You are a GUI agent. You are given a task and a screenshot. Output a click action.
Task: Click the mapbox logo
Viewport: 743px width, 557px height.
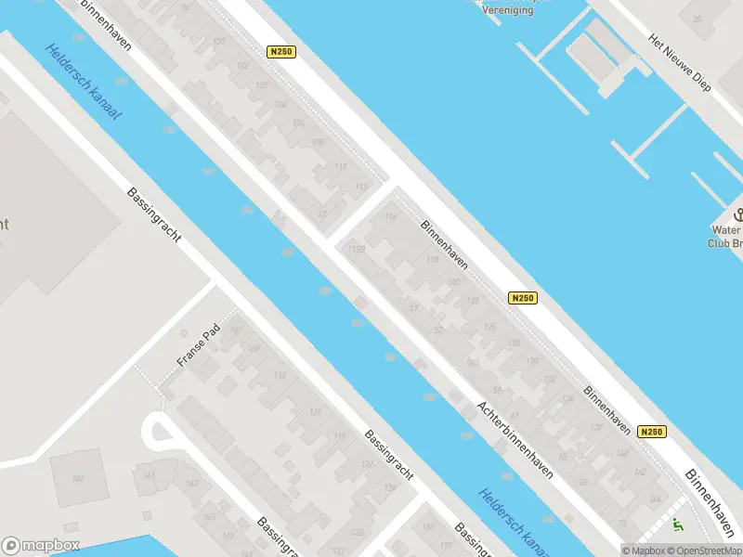pos(41,546)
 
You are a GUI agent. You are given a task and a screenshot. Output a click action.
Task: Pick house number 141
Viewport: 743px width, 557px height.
pos(150,476)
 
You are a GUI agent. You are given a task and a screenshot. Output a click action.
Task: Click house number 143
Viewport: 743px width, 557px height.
pos(192,485)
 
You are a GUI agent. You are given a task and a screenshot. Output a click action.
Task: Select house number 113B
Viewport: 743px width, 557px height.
pos(355,250)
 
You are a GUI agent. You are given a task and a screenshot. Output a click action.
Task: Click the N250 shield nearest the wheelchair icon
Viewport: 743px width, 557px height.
pos(652,432)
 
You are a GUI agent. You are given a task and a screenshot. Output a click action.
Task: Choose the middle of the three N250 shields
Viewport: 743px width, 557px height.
pos(523,298)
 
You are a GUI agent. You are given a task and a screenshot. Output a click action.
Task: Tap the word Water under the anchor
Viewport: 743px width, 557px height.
pos(726,230)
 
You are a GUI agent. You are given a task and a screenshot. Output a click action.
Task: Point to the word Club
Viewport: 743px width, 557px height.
pos(719,244)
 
